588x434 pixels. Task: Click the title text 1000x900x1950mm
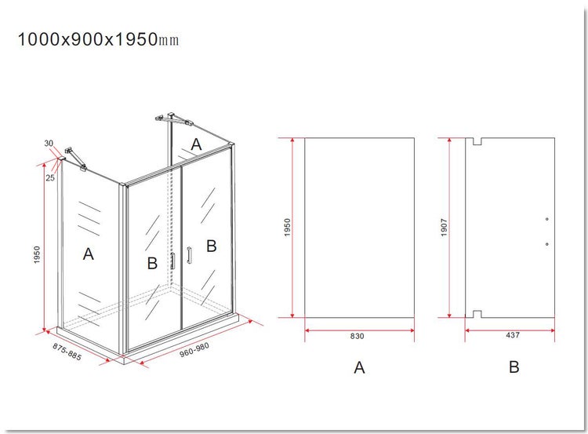point(98,39)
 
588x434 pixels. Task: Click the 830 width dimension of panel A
point(357,336)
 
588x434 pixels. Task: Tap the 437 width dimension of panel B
point(513,335)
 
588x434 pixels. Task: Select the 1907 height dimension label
point(445,228)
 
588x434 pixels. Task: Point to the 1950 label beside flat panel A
point(287,227)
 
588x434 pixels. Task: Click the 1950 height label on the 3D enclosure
point(37,254)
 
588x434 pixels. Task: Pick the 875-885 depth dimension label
point(67,352)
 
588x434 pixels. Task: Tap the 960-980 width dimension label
point(194,350)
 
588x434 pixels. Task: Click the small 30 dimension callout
point(49,143)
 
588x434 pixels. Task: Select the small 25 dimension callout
point(50,177)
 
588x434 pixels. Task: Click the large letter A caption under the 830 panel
point(359,367)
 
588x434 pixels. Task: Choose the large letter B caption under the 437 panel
point(514,367)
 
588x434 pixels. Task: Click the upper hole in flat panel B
point(547,219)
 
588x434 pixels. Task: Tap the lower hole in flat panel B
point(547,244)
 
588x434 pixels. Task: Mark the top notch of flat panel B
point(477,141)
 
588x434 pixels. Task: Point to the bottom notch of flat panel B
point(477,314)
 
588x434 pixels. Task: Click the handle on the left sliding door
point(173,261)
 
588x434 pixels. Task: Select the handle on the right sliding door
point(189,255)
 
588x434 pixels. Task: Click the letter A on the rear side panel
point(196,144)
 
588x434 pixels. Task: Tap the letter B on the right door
point(212,246)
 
